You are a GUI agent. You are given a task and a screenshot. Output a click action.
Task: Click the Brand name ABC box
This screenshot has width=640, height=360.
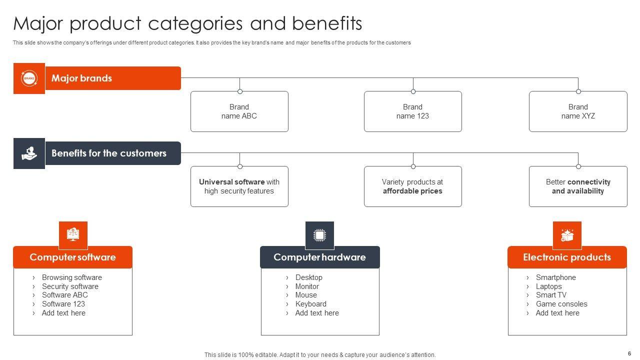(x=239, y=111)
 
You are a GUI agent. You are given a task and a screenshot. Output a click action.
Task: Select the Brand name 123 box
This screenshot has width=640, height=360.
(x=413, y=111)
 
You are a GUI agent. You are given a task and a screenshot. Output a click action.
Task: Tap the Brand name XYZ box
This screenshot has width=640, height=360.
(x=578, y=111)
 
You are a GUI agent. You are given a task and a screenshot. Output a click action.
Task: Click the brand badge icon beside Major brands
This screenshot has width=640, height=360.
(x=29, y=78)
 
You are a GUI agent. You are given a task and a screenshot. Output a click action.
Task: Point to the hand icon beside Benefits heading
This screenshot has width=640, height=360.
(x=29, y=153)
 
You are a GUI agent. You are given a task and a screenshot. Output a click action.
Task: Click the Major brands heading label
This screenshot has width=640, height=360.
(x=81, y=78)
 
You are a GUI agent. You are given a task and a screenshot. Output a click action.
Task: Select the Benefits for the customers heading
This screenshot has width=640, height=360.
(x=109, y=153)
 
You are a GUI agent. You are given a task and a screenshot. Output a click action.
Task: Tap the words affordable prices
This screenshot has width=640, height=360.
(x=412, y=191)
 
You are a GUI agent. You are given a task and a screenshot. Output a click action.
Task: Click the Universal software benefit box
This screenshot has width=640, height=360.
(x=239, y=186)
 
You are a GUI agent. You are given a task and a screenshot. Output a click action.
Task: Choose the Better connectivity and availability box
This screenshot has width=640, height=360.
(x=578, y=186)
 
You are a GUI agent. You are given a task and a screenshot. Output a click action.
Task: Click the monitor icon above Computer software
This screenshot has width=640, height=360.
(x=73, y=234)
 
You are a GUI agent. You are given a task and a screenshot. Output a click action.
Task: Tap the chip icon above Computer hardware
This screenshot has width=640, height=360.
(x=319, y=235)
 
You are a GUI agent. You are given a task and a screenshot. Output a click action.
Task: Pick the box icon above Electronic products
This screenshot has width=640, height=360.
(x=567, y=235)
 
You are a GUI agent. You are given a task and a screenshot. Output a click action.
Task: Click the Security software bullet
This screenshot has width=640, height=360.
(x=70, y=286)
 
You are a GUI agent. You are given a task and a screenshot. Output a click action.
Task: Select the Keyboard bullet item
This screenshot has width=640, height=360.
(x=311, y=304)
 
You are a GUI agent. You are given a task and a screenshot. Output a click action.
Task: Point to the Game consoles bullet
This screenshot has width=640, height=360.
(x=561, y=304)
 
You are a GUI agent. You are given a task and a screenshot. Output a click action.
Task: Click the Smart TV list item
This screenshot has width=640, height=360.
(x=551, y=295)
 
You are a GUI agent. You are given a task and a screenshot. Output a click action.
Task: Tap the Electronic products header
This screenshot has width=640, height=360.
(x=567, y=257)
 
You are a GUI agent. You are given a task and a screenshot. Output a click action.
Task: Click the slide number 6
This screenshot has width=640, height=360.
(x=629, y=353)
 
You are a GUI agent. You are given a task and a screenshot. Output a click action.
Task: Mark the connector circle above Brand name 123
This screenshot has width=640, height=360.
(x=413, y=91)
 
